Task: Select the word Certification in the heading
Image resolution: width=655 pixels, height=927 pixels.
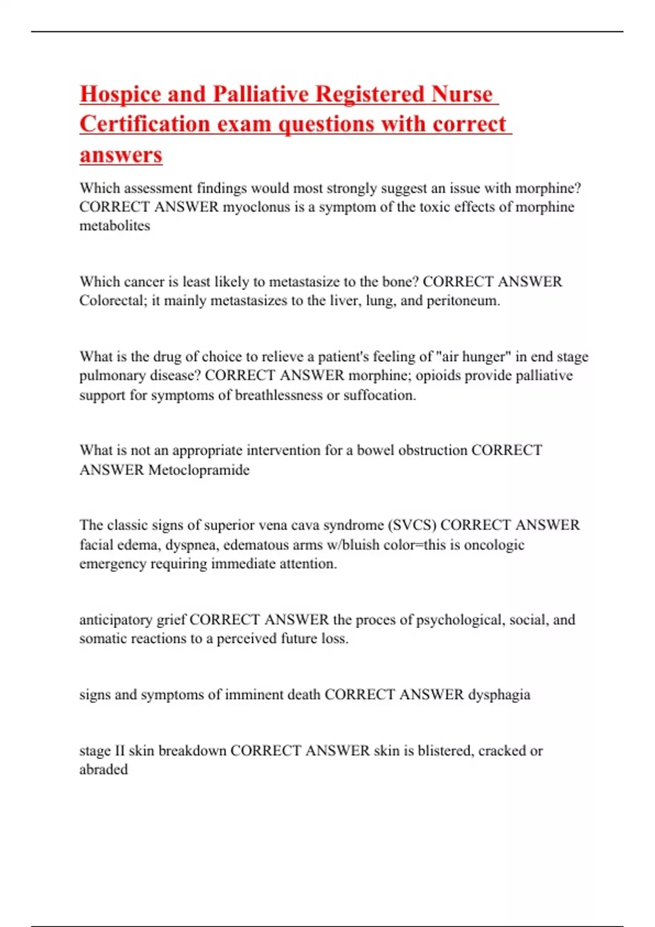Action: coord(145,124)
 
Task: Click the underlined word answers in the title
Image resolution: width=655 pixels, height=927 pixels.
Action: coord(121,155)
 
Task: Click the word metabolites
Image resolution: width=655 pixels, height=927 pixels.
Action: coord(115,226)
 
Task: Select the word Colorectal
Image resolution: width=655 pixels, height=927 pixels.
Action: coord(111,300)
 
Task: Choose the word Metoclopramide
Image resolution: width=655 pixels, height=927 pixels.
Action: coord(199,469)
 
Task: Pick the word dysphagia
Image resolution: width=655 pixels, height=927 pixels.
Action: coord(499,695)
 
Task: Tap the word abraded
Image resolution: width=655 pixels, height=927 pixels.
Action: coord(104,770)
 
